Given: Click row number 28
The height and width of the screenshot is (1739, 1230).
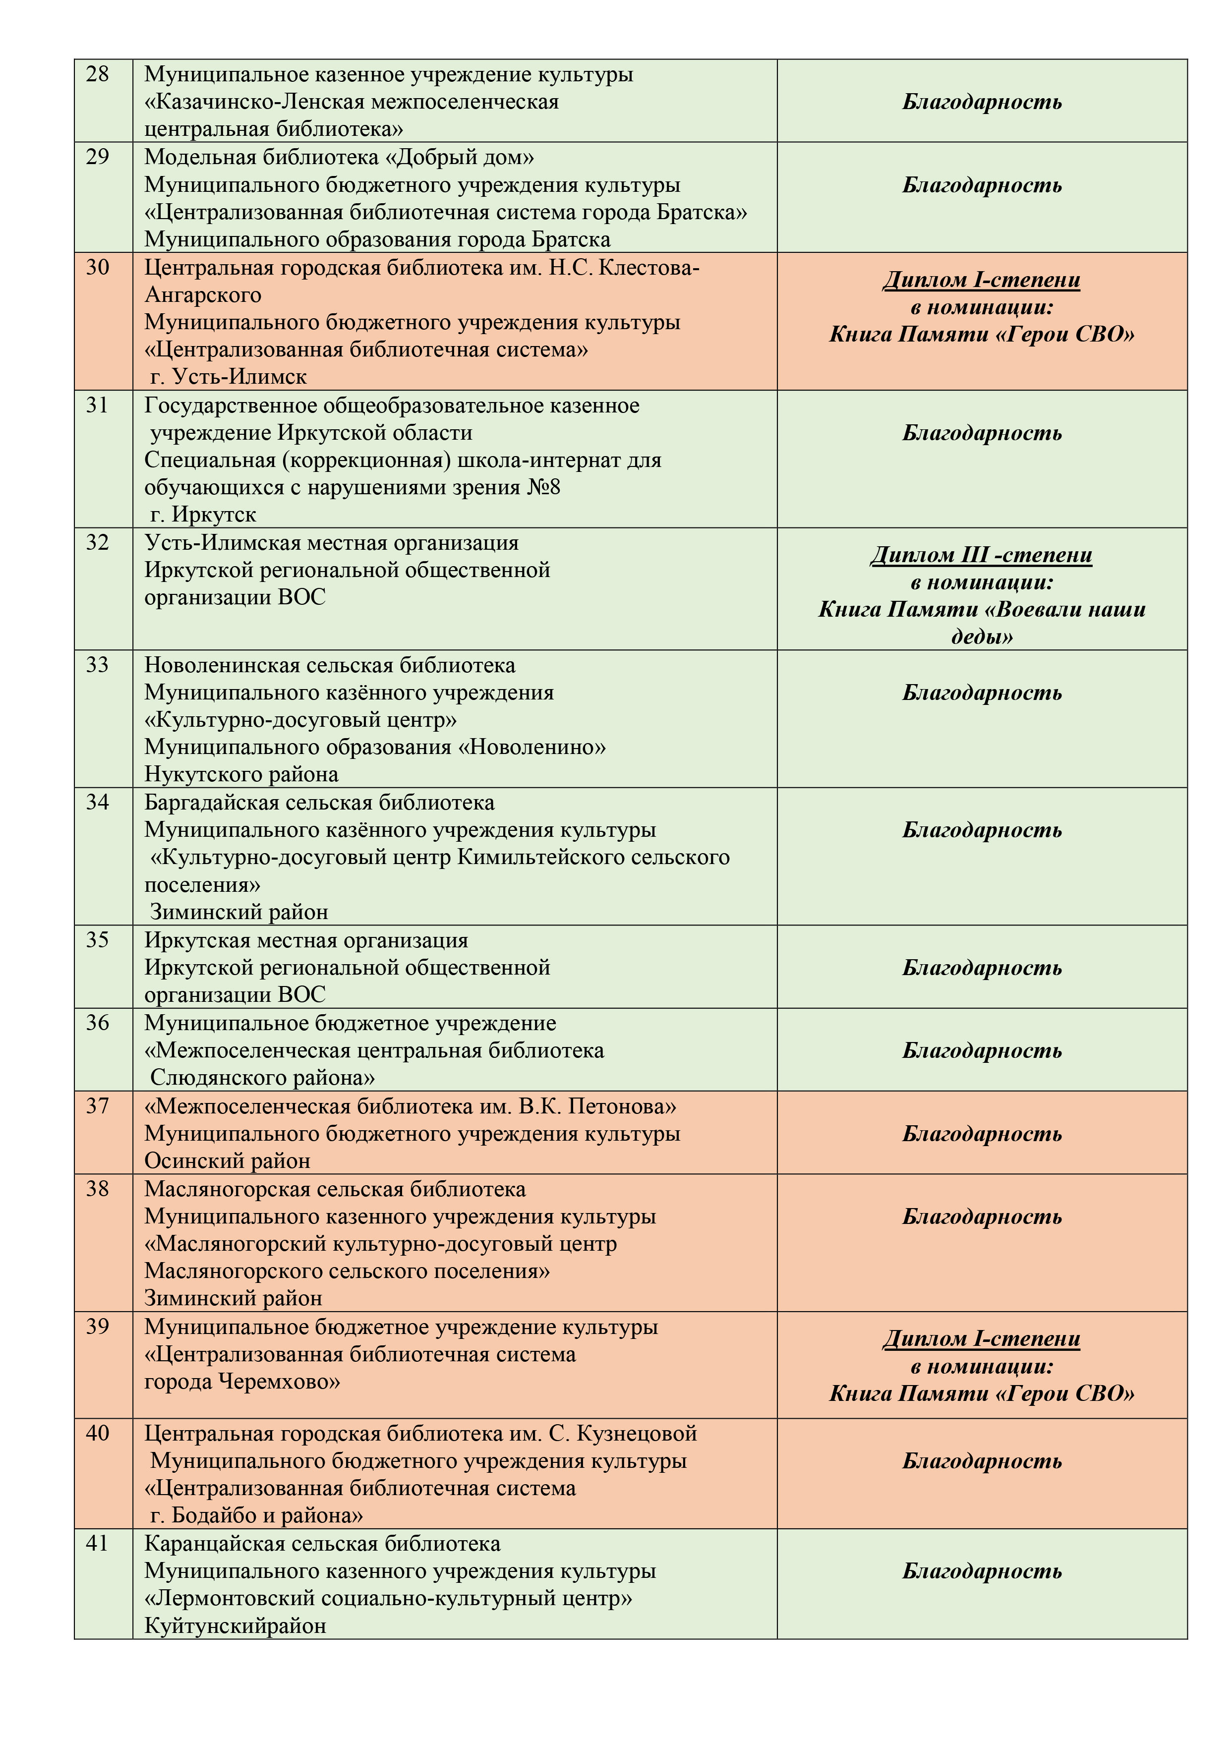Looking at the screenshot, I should (98, 74).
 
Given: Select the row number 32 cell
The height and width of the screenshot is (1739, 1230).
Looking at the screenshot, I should (98, 542).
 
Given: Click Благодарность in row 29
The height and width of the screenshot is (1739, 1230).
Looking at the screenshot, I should (982, 185).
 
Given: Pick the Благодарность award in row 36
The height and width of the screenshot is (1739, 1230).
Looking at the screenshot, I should (982, 1050).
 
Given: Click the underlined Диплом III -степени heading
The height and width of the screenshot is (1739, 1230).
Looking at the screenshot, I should (982, 555).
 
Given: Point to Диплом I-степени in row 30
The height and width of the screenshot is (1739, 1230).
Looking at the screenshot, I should (982, 280).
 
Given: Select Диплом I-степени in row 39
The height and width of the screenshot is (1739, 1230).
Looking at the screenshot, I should (982, 1339).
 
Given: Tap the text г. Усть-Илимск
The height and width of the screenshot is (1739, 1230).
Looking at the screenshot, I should (229, 376).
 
